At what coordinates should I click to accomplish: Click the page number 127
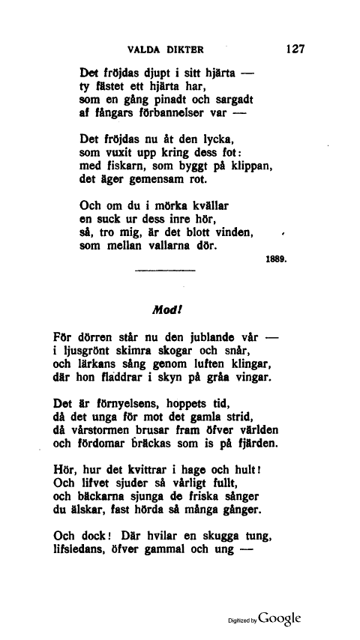click(x=294, y=49)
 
